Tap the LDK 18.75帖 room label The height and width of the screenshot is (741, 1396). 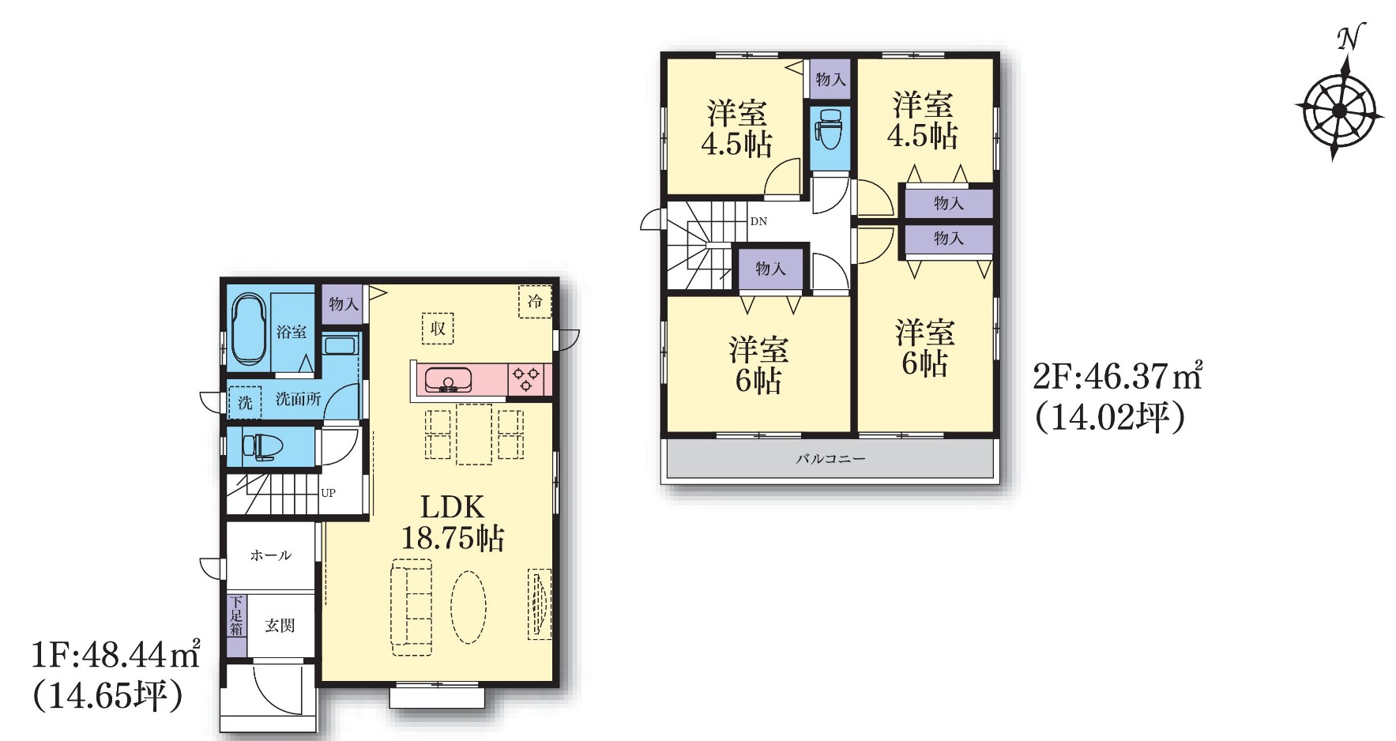click(453, 522)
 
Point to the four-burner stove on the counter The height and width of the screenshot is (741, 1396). click(527, 379)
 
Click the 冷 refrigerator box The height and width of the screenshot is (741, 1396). click(535, 301)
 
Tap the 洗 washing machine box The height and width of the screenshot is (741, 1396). click(245, 402)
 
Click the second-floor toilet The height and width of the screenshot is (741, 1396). click(830, 129)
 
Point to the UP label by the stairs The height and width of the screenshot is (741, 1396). click(329, 493)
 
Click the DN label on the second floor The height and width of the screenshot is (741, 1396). click(758, 221)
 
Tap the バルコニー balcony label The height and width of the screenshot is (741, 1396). click(830, 458)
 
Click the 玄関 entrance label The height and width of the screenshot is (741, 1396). click(280, 626)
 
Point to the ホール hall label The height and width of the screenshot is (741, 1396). click(271, 555)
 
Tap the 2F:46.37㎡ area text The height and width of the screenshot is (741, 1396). click(1118, 377)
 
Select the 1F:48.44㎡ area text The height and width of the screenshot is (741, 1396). click(115, 654)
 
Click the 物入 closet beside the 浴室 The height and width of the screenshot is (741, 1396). click(344, 304)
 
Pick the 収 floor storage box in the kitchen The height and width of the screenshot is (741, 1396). click(438, 328)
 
